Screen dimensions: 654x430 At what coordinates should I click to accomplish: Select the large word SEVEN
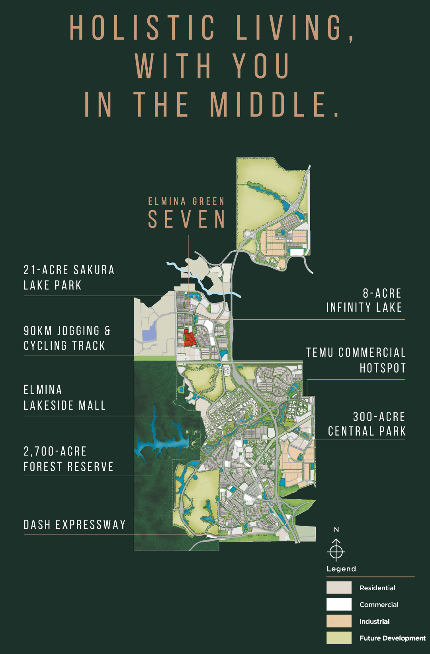point(187,220)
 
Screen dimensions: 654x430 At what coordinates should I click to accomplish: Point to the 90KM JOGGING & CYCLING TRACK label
point(67,338)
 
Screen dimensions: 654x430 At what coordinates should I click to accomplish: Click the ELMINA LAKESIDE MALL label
point(64,397)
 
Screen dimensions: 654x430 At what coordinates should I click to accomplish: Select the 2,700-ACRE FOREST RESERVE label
point(68,459)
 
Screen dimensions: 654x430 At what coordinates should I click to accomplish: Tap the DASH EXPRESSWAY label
point(74,524)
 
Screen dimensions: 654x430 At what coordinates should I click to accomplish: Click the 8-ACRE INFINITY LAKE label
point(364,300)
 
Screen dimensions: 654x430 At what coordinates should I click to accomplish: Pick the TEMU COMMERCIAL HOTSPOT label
point(356,360)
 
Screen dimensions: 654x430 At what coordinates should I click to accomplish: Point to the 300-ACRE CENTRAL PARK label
point(366,424)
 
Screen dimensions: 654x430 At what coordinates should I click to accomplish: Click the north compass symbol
point(336,550)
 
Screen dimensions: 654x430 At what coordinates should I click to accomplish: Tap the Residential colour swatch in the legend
point(339,587)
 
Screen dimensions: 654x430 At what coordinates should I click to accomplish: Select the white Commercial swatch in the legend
point(339,604)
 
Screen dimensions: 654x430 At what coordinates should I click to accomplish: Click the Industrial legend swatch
point(339,621)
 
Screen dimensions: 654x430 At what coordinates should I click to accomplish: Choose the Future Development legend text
point(392,638)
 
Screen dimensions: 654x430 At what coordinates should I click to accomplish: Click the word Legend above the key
point(341,569)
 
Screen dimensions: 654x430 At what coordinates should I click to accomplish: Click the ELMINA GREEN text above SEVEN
point(186,202)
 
